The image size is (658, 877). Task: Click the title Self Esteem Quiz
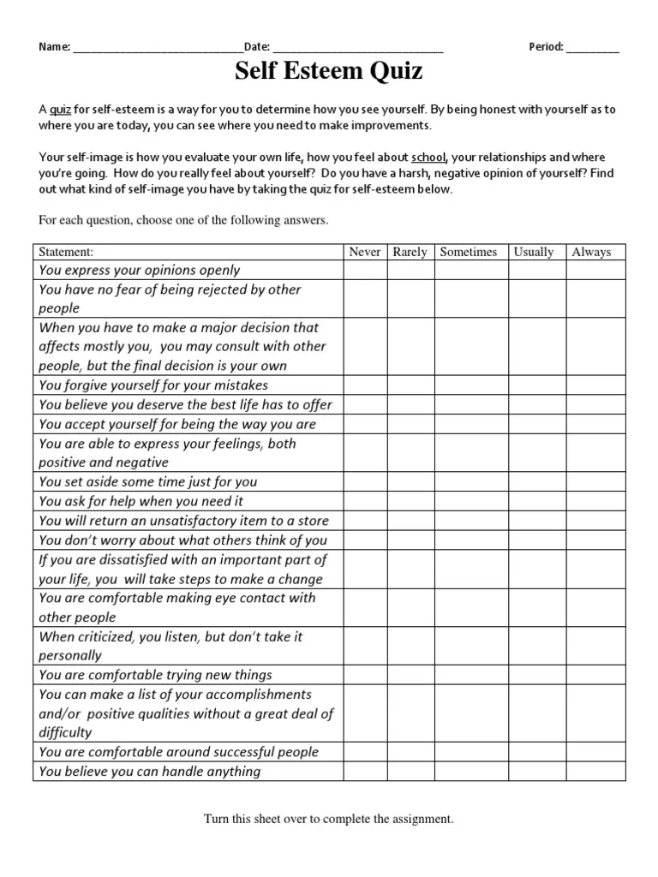tap(329, 72)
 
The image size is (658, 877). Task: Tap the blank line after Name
tap(158, 47)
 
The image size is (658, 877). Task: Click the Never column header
tap(365, 252)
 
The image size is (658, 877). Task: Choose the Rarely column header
tap(410, 252)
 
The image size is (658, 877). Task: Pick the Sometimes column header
tap(469, 252)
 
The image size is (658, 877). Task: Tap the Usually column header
tap(533, 252)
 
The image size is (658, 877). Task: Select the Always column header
tap(591, 252)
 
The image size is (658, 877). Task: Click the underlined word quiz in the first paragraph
tap(60, 110)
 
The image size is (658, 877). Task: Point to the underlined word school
tap(428, 158)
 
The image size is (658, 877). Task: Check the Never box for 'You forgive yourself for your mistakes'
tap(365, 385)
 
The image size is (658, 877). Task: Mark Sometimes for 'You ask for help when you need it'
tap(470, 501)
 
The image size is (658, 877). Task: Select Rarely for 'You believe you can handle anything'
tap(410, 772)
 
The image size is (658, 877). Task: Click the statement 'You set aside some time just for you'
tap(147, 481)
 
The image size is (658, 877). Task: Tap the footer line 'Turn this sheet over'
tap(328, 819)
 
